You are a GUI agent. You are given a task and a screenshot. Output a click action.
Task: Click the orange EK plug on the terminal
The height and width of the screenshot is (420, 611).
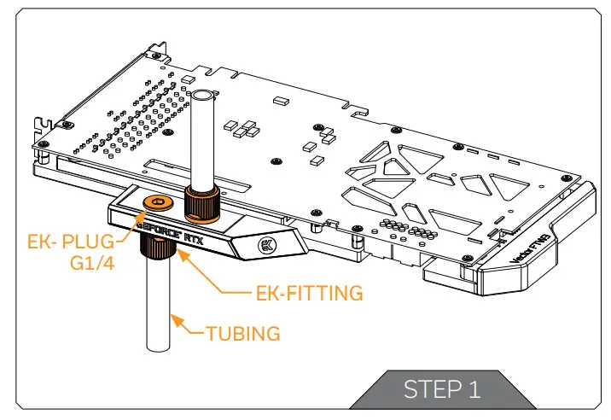coord(156,202)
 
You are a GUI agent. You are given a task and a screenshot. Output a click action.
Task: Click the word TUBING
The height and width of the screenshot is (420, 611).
coord(242,333)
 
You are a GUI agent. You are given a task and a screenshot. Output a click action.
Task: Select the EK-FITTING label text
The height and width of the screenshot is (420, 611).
coord(310,294)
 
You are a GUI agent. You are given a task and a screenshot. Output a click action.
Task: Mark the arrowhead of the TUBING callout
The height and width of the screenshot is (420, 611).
coord(173,319)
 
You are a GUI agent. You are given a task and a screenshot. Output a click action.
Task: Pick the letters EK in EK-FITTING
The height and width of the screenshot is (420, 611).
coord(266,294)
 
